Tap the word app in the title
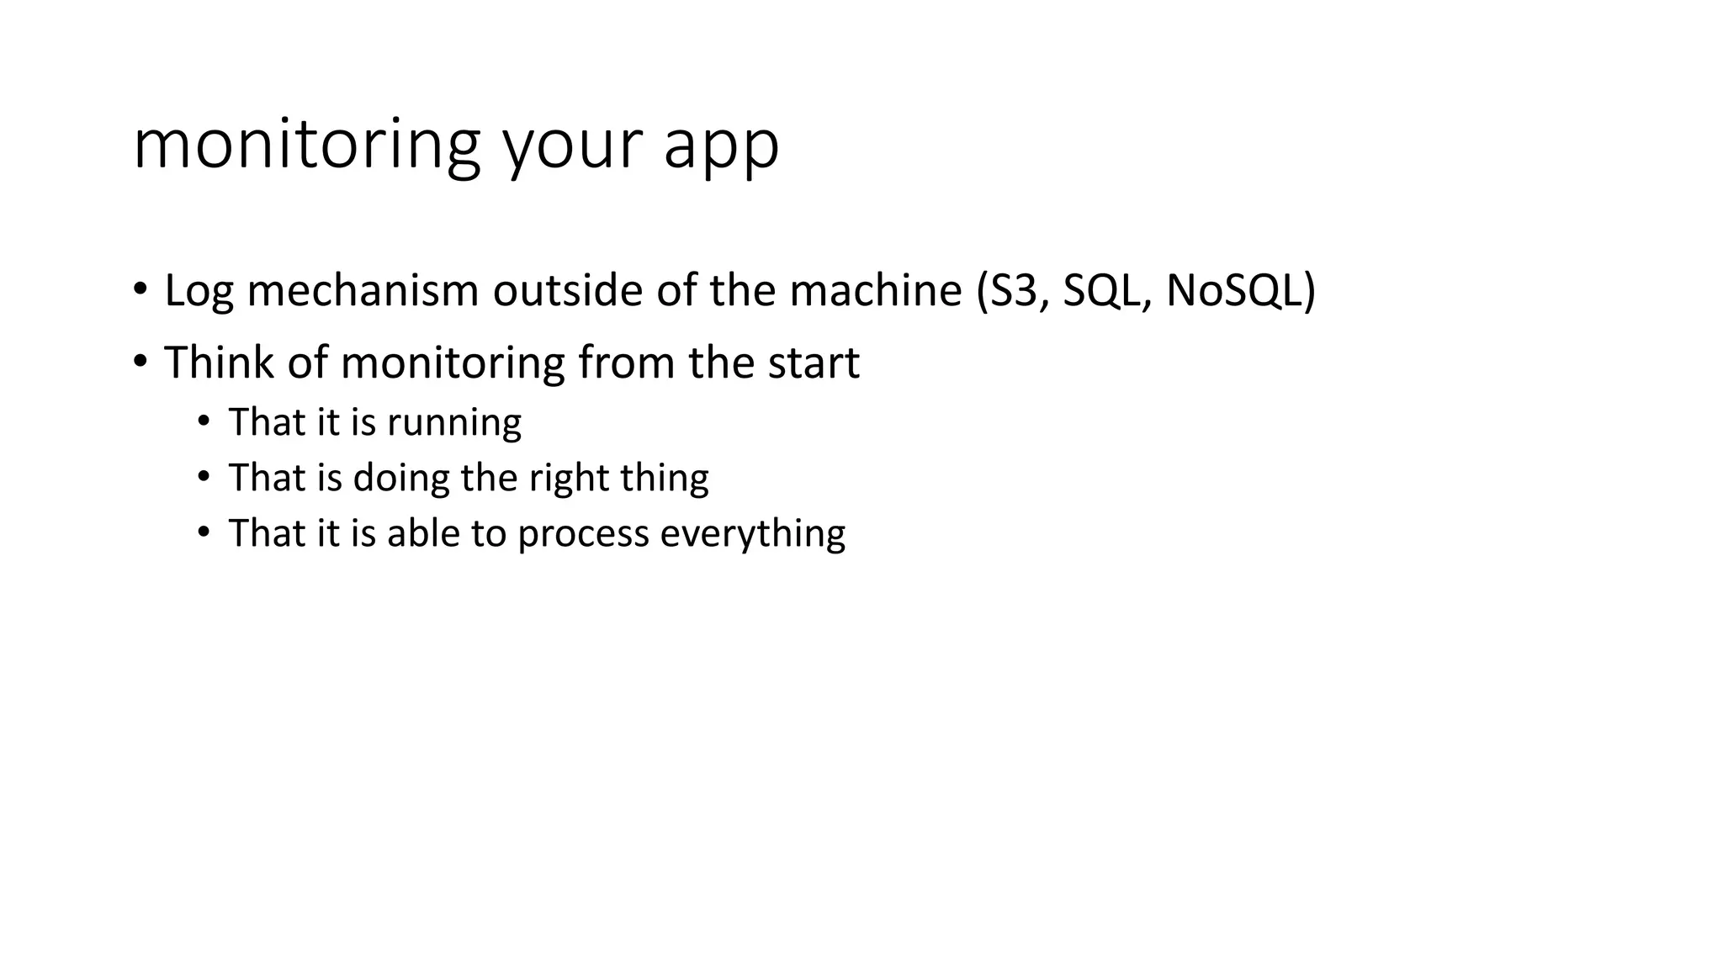tap(721, 150)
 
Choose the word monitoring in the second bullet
tap(453, 364)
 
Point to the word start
tap(814, 363)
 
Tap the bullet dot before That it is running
tap(204, 421)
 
